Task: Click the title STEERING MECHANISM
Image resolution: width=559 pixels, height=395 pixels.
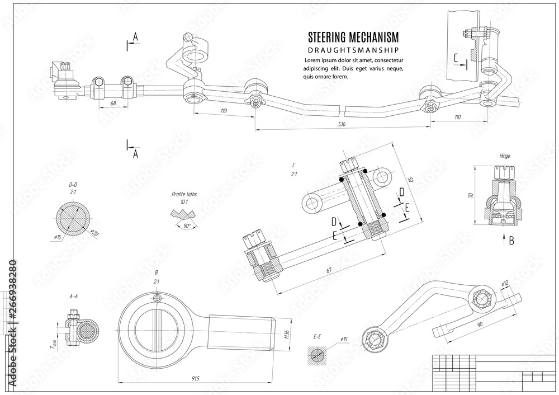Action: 353,37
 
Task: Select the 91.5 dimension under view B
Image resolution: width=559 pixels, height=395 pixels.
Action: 196,379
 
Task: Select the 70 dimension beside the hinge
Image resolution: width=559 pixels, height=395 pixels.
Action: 471,195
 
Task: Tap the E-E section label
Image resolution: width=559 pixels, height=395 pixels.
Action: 316,336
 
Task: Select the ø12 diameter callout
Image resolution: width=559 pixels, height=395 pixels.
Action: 505,284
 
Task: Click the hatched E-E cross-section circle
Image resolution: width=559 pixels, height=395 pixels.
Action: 317,356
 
